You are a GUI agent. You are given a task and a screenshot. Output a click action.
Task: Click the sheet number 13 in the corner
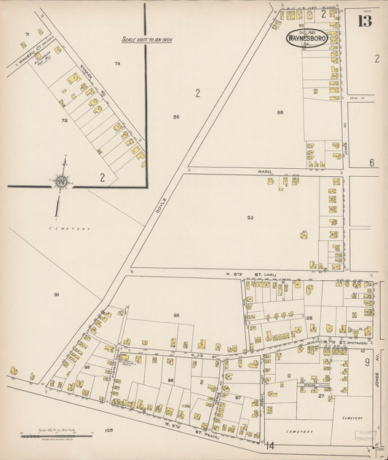[365, 20]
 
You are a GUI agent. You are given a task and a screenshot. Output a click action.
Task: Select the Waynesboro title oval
[306, 36]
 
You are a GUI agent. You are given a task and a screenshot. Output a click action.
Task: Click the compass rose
[61, 181]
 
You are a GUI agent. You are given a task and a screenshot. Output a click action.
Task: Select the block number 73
[116, 64]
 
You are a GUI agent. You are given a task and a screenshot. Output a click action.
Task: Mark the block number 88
[280, 112]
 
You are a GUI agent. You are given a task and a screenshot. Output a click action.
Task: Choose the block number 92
[250, 217]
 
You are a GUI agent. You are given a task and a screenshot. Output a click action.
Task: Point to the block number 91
[56, 294]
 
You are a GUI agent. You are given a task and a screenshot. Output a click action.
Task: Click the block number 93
[175, 314]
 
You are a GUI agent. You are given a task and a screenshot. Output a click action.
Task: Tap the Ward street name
[264, 172]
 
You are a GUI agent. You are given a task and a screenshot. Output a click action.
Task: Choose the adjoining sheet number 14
[269, 445]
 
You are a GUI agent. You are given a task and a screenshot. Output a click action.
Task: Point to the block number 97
[237, 397]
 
